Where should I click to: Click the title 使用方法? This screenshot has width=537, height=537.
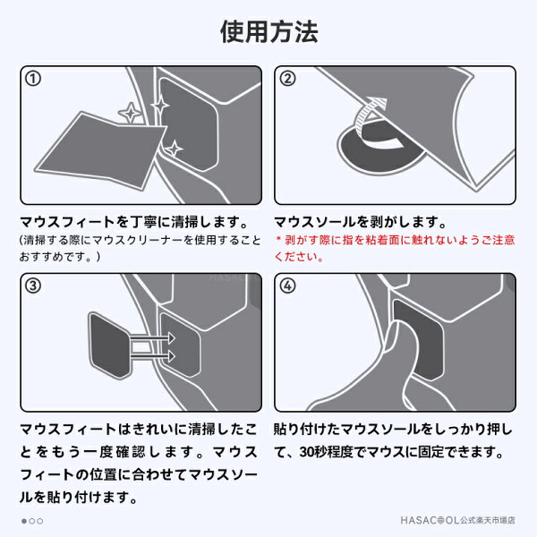pos(269,31)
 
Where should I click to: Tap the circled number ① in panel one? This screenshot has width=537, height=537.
pos(33,79)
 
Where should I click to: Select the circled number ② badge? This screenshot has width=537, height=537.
pos(287,79)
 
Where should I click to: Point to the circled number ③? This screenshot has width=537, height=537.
pos(33,286)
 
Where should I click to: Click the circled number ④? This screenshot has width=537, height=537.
pos(287,286)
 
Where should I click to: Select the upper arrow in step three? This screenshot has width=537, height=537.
pos(153,338)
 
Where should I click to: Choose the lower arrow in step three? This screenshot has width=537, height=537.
pos(153,356)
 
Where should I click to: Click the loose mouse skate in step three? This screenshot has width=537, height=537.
pos(109,345)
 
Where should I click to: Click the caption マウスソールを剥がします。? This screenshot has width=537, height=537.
pos(361,222)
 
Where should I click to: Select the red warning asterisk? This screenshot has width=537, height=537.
pos(278,239)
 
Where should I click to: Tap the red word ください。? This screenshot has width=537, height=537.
pos(299,257)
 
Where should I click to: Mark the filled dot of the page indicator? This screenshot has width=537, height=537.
pos(24,521)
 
